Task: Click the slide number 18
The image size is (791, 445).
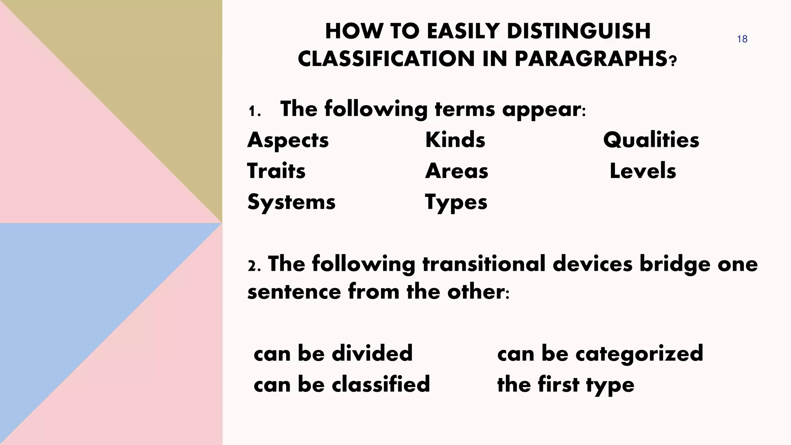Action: click(742, 39)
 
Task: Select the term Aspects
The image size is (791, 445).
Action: click(288, 140)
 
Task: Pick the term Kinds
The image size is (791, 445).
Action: click(455, 140)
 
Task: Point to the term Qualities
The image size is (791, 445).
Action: click(651, 140)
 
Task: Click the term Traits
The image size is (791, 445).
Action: click(276, 171)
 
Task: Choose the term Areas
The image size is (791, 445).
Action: click(457, 171)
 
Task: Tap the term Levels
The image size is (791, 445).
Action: click(643, 171)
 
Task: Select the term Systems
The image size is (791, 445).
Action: click(291, 202)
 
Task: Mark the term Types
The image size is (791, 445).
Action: click(456, 202)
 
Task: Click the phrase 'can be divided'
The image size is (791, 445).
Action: click(333, 353)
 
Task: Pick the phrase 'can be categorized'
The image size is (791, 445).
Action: click(600, 353)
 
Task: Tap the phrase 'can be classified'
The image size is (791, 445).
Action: click(342, 384)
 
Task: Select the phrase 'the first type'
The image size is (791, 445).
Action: click(565, 385)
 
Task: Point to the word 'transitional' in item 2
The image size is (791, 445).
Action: click(484, 264)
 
